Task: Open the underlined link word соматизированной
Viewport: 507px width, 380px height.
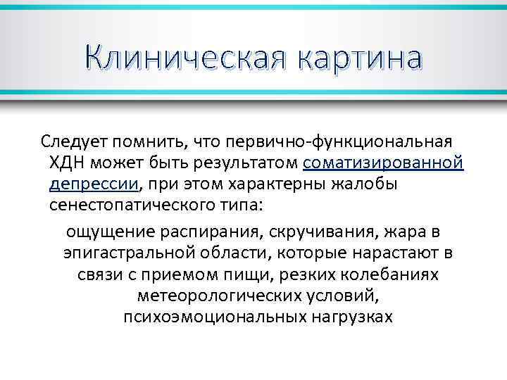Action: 384,163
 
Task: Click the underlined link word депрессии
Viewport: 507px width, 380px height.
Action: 94,184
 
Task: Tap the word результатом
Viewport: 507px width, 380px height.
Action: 241,163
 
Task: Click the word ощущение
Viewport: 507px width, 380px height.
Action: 103,232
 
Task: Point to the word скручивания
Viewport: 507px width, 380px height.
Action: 303,232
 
